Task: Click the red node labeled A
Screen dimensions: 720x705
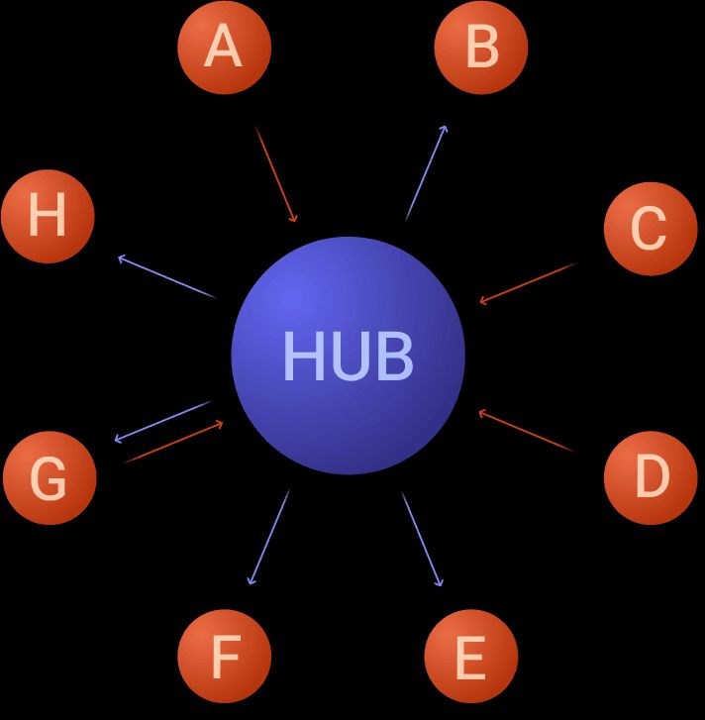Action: [224, 48]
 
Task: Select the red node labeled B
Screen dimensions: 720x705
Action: [481, 48]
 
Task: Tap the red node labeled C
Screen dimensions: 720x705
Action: [650, 229]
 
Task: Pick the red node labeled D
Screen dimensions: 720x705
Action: [650, 476]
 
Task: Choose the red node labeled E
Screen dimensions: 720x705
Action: [470, 656]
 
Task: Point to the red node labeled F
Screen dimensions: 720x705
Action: [225, 656]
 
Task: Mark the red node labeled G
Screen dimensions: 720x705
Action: [49, 478]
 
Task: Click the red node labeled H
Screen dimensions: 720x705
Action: [48, 216]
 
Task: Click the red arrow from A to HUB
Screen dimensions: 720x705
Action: [276, 174]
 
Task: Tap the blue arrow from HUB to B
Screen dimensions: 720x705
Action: [426, 173]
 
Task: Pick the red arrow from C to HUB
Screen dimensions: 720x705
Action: [528, 282]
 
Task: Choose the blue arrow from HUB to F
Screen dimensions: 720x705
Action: [268, 538]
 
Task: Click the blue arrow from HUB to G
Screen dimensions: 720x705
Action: [162, 421]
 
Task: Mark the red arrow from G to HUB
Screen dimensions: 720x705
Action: [174, 443]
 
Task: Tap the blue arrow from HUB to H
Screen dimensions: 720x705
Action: [166, 277]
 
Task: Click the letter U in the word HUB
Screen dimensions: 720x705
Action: [348, 356]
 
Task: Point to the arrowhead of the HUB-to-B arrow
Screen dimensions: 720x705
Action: [445, 129]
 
